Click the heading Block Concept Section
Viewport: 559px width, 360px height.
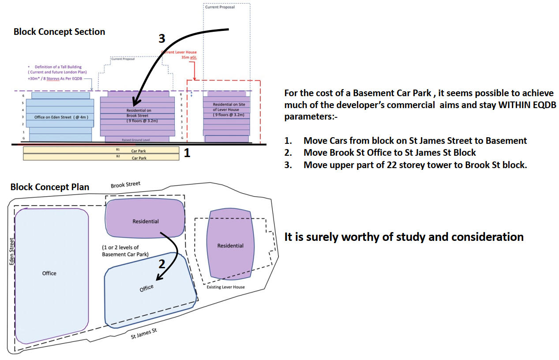[x=59, y=32]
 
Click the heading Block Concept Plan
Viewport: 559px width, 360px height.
[x=49, y=187]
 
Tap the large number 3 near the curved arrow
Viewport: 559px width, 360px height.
[x=162, y=39]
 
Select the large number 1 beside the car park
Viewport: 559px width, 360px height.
[x=187, y=153]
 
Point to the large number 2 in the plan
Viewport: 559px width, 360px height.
[x=162, y=264]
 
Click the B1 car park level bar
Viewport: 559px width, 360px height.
[x=101, y=150]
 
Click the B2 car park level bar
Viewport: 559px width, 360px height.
[x=101, y=157]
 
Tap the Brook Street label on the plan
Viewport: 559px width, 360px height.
[x=125, y=184]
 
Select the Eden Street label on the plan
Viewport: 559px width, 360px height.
[x=11, y=251]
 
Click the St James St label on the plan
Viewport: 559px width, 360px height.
[x=144, y=334]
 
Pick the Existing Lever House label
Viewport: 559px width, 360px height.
[x=225, y=287]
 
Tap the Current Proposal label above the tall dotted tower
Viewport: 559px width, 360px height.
[x=220, y=7]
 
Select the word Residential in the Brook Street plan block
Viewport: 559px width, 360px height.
[x=145, y=221]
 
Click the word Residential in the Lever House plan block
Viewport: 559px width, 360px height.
[x=230, y=246]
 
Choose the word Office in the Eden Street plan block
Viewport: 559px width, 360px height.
[x=49, y=273]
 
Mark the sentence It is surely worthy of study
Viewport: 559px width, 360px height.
[x=404, y=237]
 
